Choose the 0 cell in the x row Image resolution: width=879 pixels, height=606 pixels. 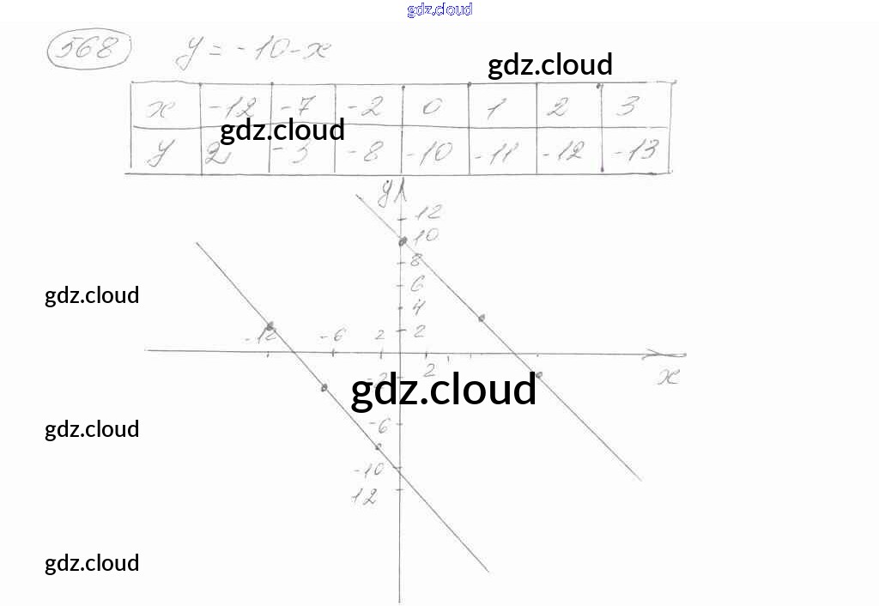[x=433, y=107]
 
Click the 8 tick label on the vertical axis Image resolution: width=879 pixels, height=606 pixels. [x=416, y=260]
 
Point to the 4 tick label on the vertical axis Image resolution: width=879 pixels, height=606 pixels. [x=419, y=306]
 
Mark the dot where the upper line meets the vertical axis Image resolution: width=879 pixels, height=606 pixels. [x=402, y=241]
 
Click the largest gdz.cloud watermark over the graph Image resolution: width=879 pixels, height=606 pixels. [x=444, y=390]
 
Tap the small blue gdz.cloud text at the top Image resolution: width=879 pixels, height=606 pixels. [x=439, y=9]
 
